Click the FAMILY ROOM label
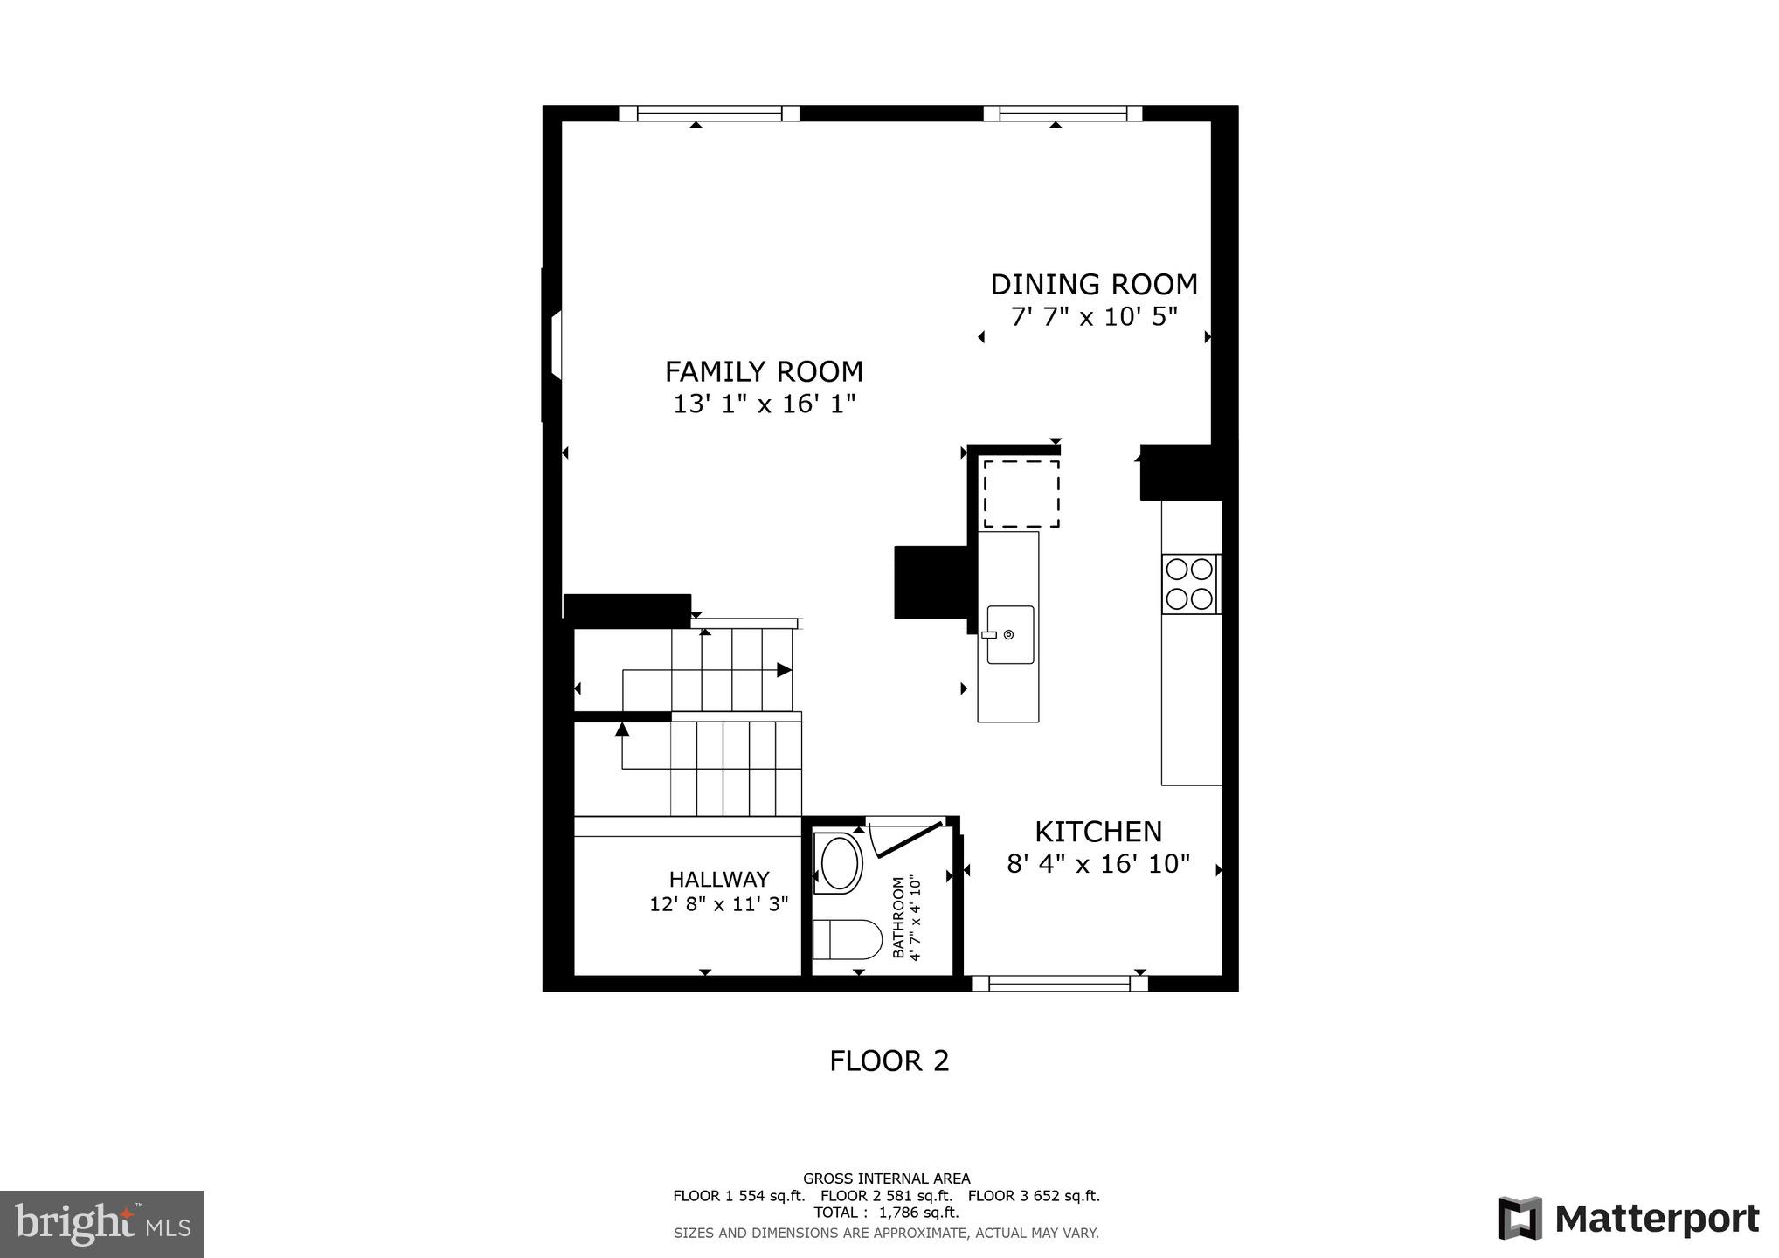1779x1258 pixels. point(764,372)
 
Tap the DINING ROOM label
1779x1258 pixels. point(1093,285)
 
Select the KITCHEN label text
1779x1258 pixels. point(1098,832)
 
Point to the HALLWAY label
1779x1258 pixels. point(719,880)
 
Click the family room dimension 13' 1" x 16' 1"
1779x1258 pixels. point(764,404)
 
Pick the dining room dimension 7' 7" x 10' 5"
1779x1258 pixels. point(1094,317)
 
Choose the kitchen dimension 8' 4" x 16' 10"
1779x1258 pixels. point(1098,865)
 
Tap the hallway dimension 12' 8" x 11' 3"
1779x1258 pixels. point(719,904)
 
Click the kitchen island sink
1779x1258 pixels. point(1010,635)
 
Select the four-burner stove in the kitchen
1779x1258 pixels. point(1190,584)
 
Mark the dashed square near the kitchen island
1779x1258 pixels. point(1021,494)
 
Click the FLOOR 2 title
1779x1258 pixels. point(889,1061)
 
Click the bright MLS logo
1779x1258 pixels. point(102,1223)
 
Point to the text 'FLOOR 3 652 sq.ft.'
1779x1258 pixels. point(1034,1196)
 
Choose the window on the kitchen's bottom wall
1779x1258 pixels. point(1060,983)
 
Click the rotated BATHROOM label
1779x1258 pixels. point(898,918)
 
